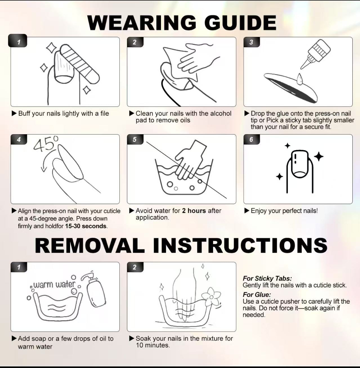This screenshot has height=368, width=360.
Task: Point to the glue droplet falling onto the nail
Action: point(300,79)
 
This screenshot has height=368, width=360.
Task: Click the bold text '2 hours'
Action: point(194,211)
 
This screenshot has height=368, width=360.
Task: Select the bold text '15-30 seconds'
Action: point(86,226)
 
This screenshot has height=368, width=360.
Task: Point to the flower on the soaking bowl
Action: point(211,297)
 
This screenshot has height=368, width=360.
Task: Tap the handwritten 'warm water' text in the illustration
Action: point(55,284)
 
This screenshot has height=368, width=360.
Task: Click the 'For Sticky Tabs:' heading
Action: point(267,278)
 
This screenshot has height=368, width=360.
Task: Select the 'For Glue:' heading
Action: point(257,295)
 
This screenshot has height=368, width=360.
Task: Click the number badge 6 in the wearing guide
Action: point(251,140)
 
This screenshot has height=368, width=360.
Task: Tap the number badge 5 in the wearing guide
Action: point(135,140)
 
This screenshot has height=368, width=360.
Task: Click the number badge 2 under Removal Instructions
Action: point(135,267)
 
